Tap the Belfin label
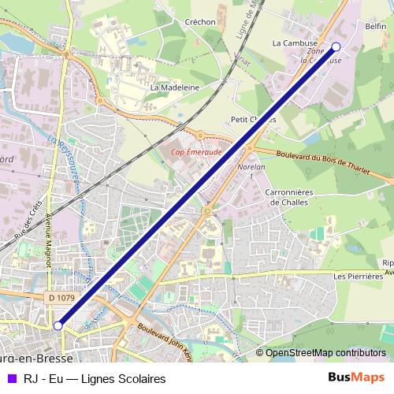pos(376,26)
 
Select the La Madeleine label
pos(174,87)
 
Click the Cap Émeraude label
pos(196,153)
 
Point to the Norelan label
pos(250,167)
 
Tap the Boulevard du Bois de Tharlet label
pos(324,158)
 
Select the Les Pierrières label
pos(357,277)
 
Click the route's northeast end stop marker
pos(336,46)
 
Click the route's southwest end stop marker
pos(58,325)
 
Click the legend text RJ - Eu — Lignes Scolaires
pos(95,378)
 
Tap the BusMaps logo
pos(356,377)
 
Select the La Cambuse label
pos(295,43)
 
